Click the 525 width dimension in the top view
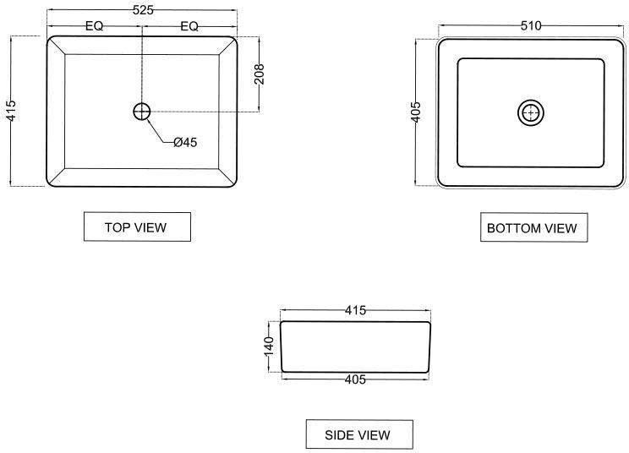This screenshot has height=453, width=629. [x=143, y=10]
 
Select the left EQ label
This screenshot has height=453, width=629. [x=95, y=26]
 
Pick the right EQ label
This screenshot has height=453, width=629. [x=189, y=26]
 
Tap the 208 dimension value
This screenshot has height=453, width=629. [x=260, y=74]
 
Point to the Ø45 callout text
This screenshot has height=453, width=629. [x=185, y=142]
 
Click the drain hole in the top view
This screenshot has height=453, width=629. [x=141, y=112]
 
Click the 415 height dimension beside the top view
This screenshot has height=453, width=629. [x=11, y=111]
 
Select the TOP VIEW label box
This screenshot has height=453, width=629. [x=137, y=226]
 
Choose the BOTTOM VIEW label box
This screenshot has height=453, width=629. [x=534, y=227]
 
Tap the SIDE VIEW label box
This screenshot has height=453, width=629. [x=359, y=434]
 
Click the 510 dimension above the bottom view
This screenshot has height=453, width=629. [x=531, y=26]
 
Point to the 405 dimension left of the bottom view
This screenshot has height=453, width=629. [x=416, y=112]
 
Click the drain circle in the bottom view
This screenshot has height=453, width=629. [x=531, y=112]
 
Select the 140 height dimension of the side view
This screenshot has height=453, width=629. [x=268, y=347]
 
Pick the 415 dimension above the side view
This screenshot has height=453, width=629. [x=355, y=310]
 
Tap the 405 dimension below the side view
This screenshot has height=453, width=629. [x=355, y=379]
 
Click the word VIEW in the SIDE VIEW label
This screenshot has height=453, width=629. [x=374, y=435]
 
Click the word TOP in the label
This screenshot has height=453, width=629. [x=118, y=227]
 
